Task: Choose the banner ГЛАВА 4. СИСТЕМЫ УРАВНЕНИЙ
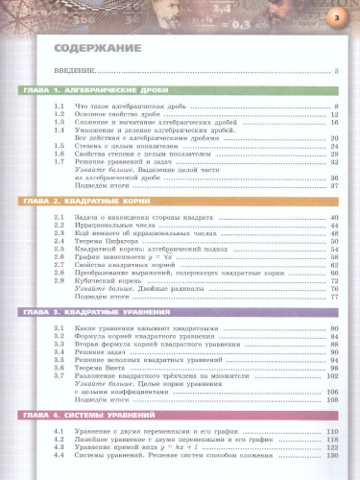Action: [x=77, y=416]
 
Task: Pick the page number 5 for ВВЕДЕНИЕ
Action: [x=337, y=72]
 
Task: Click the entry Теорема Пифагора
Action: [x=105, y=240]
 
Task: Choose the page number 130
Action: [x=334, y=453]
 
